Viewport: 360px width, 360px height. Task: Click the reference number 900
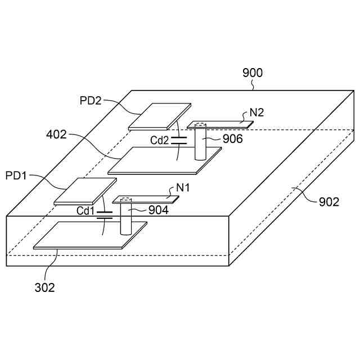click(253, 73)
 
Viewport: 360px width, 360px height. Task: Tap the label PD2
click(91, 100)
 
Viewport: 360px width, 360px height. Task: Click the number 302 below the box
click(44, 287)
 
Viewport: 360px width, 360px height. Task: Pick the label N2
click(257, 112)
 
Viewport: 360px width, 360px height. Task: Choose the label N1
click(183, 188)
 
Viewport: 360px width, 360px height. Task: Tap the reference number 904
click(159, 210)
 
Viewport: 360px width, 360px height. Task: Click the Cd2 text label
click(159, 141)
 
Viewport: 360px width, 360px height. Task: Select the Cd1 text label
click(86, 210)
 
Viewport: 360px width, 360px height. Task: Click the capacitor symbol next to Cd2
click(179, 139)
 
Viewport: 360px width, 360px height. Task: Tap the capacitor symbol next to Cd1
click(104, 214)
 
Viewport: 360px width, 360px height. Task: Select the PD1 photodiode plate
click(85, 191)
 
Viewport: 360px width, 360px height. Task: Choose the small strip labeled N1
click(147, 198)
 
